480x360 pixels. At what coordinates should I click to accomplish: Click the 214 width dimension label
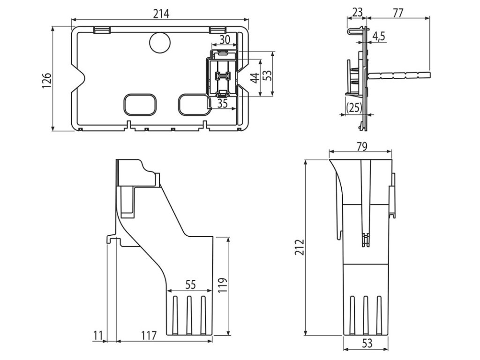(x=161, y=14)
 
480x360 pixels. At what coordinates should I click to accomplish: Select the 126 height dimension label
(x=47, y=81)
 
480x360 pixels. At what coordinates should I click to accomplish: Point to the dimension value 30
(x=224, y=39)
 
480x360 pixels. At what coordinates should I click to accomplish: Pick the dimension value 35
(x=222, y=104)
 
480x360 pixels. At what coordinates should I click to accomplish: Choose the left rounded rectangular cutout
(x=140, y=105)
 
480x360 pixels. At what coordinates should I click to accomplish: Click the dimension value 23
(x=357, y=12)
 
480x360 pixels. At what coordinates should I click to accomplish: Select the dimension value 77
(x=398, y=13)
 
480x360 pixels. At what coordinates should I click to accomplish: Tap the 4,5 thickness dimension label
(x=378, y=37)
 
